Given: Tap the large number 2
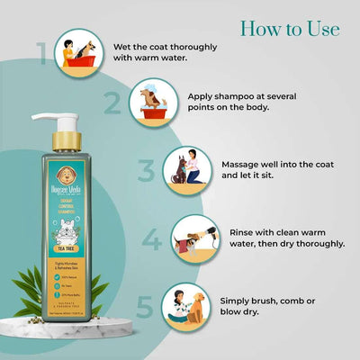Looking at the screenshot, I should point(112,104).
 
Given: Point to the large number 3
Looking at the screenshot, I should point(147,171).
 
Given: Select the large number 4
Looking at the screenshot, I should point(154,240).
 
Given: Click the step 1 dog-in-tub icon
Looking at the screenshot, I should point(78,50).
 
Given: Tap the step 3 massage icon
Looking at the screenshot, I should point(189,170).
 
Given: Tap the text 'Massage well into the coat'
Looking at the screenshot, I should point(280,165).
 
